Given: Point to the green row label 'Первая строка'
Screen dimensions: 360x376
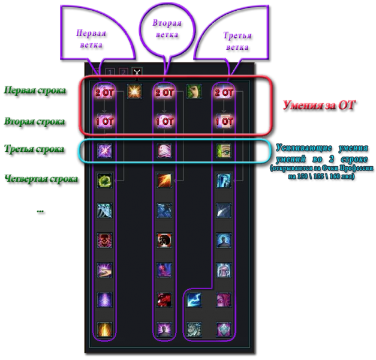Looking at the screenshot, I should [x=34, y=90].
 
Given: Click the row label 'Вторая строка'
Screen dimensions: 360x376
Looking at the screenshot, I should [x=34, y=121].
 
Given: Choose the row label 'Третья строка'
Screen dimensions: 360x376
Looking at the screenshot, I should [x=34, y=148].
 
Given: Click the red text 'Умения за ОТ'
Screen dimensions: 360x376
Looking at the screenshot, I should [x=318, y=105].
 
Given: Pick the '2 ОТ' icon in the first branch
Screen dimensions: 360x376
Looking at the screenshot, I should [x=104, y=92].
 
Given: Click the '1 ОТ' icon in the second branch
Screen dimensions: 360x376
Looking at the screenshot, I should [x=164, y=121].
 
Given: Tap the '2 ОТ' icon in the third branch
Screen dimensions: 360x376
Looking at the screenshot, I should [x=224, y=92].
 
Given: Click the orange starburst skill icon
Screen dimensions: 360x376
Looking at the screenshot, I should [x=134, y=92].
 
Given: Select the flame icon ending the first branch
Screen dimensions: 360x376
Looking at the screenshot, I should [x=104, y=329].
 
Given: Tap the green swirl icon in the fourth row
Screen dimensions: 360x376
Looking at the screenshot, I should [x=104, y=180].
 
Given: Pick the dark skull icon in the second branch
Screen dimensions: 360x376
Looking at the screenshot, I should [x=164, y=239].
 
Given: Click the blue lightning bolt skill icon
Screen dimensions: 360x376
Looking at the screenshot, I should [x=194, y=299].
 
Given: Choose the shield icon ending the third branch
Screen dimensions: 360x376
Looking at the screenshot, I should [x=224, y=329].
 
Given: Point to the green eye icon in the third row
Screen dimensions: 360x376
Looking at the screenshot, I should [x=224, y=151].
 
